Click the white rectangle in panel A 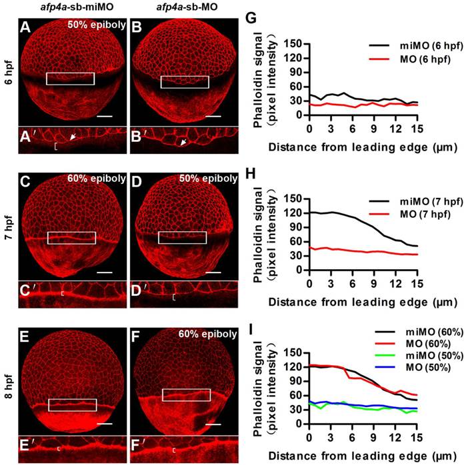coord(70,79)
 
